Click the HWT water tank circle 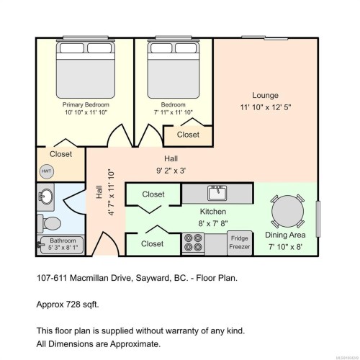(46, 171)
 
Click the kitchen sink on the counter (217, 193)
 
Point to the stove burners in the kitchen (193, 243)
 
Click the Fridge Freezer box (240, 243)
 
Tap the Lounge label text (265, 95)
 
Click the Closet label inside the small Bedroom (188, 135)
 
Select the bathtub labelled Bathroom (62, 245)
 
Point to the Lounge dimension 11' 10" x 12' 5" (265, 108)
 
